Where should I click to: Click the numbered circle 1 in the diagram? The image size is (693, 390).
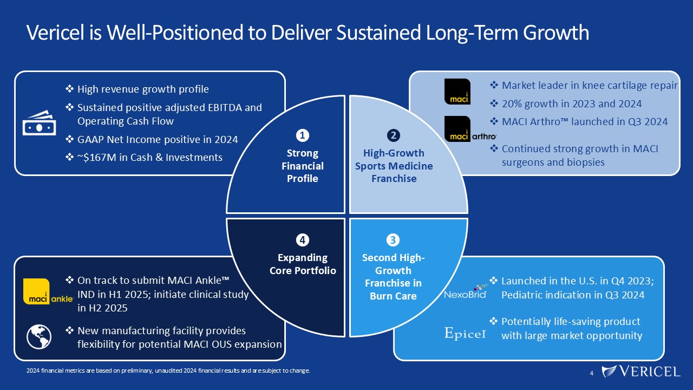click(302, 134)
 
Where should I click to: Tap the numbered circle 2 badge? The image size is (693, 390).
click(394, 134)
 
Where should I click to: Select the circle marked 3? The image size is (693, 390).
click(394, 239)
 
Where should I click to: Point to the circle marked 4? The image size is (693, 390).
click(302, 239)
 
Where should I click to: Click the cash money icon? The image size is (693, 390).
click(39, 122)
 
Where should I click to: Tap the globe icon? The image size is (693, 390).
click(39, 336)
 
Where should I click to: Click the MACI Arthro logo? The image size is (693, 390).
click(470, 129)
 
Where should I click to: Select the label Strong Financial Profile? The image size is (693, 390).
click(302, 166)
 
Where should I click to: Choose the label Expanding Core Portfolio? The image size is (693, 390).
click(303, 264)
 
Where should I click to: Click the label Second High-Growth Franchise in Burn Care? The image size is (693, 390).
click(393, 276)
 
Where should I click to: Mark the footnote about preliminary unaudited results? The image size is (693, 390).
click(168, 371)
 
